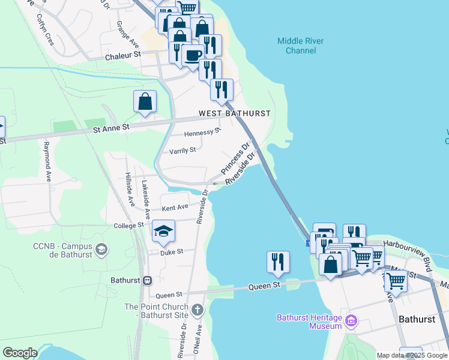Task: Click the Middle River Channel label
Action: pos(301,46)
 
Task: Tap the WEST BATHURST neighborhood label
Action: pos(235,113)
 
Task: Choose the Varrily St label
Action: pos(182,151)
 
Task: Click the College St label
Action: pos(129,226)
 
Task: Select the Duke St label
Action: pos(171,253)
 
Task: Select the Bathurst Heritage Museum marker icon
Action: pos(351,322)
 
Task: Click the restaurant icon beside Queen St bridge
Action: pos(278,262)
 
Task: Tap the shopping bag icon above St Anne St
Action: pos(145,101)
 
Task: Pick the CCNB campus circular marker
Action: pos(101,249)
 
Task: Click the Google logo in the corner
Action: pos(20,353)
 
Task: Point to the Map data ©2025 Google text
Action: pos(412,356)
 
